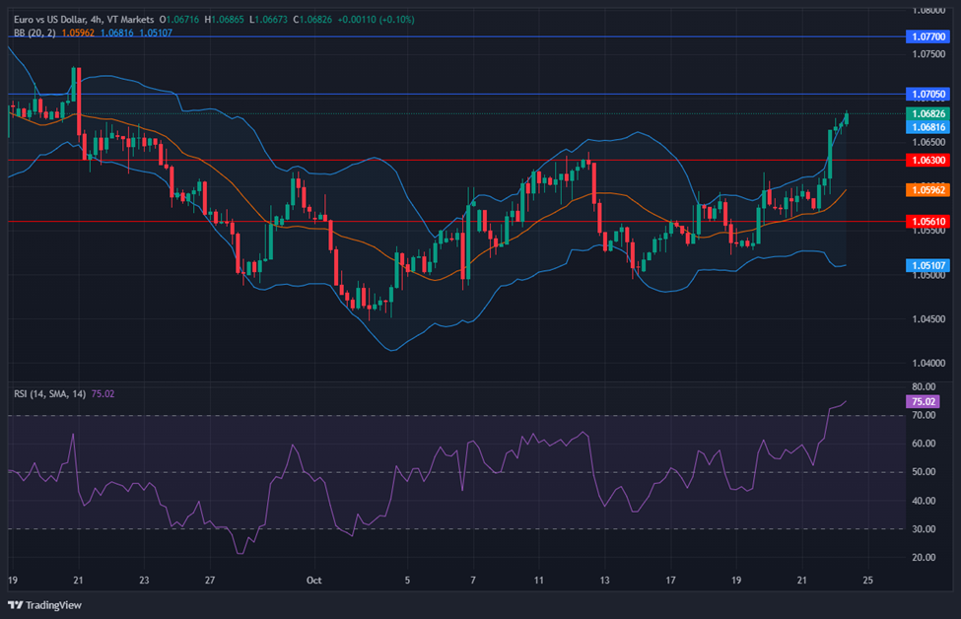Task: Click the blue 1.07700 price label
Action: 927,36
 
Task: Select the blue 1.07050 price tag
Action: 927,95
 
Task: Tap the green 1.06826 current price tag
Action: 927,113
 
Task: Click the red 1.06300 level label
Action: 927,160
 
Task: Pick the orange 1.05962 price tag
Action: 927,190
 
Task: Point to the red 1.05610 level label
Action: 927,221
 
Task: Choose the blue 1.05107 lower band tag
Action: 927,265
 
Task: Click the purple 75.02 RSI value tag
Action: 923,401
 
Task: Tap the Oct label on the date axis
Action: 313,580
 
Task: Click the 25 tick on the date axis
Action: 867,580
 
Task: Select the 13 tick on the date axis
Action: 604,580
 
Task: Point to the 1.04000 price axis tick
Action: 928,363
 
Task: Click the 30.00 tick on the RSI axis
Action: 924,529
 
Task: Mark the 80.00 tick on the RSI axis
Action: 924,386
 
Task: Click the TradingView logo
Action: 44,605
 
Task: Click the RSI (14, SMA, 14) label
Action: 49,394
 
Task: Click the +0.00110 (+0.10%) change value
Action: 376,20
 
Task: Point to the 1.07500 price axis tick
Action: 928,54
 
